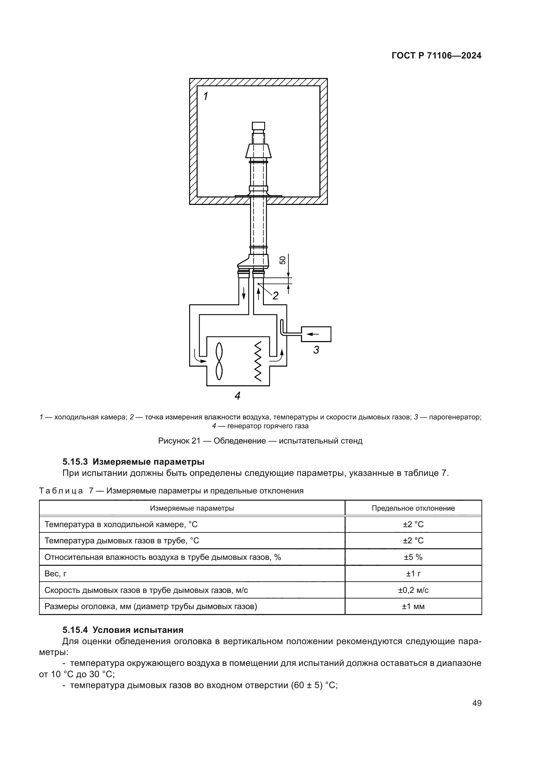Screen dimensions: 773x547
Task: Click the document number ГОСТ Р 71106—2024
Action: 436,56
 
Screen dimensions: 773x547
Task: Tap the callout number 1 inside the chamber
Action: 205,97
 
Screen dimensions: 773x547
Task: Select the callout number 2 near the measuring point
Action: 275,296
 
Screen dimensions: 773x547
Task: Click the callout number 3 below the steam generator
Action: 316,350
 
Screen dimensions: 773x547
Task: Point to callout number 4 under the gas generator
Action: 237,396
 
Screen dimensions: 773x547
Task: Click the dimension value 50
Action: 282,260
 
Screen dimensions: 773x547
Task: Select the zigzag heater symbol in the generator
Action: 258,361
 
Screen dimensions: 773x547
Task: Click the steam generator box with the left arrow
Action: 316,334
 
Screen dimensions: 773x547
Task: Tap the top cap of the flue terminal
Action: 258,126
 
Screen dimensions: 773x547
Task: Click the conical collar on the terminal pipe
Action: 258,151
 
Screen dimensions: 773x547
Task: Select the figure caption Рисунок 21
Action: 260,441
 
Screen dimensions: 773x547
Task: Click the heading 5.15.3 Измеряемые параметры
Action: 133,461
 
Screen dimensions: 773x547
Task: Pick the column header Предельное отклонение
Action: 413,508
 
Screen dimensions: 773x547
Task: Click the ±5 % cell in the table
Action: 413,557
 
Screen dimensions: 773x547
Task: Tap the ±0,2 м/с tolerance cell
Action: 413,590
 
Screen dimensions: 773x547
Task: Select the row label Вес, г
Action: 56,574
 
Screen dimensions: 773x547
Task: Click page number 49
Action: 477,703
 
